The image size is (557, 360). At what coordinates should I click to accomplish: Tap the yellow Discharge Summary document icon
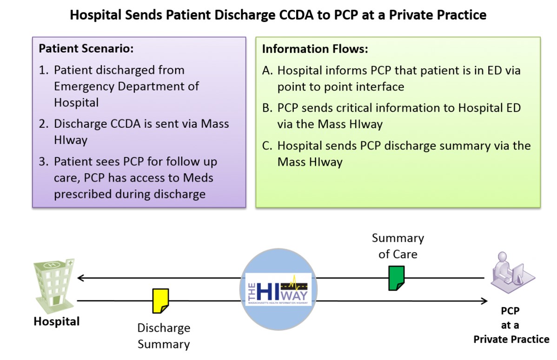[x=160, y=300]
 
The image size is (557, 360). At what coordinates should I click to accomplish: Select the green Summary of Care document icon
[x=397, y=278]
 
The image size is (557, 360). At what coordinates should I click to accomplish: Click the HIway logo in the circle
[x=278, y=289]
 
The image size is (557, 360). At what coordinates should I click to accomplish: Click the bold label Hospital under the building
[x=56, y=321]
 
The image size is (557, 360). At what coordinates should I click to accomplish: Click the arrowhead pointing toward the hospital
[x=80, y=279]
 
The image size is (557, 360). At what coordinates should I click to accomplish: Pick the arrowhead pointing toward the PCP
[x=484, y=301]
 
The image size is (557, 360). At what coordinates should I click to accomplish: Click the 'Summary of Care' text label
[x=398, y=246]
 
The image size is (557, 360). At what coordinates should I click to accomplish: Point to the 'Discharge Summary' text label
[x=164, y=336]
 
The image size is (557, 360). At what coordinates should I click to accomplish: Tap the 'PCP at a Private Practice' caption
[x=511, y=325]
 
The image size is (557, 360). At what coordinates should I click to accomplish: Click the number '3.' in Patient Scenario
[x=44, y=162]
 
